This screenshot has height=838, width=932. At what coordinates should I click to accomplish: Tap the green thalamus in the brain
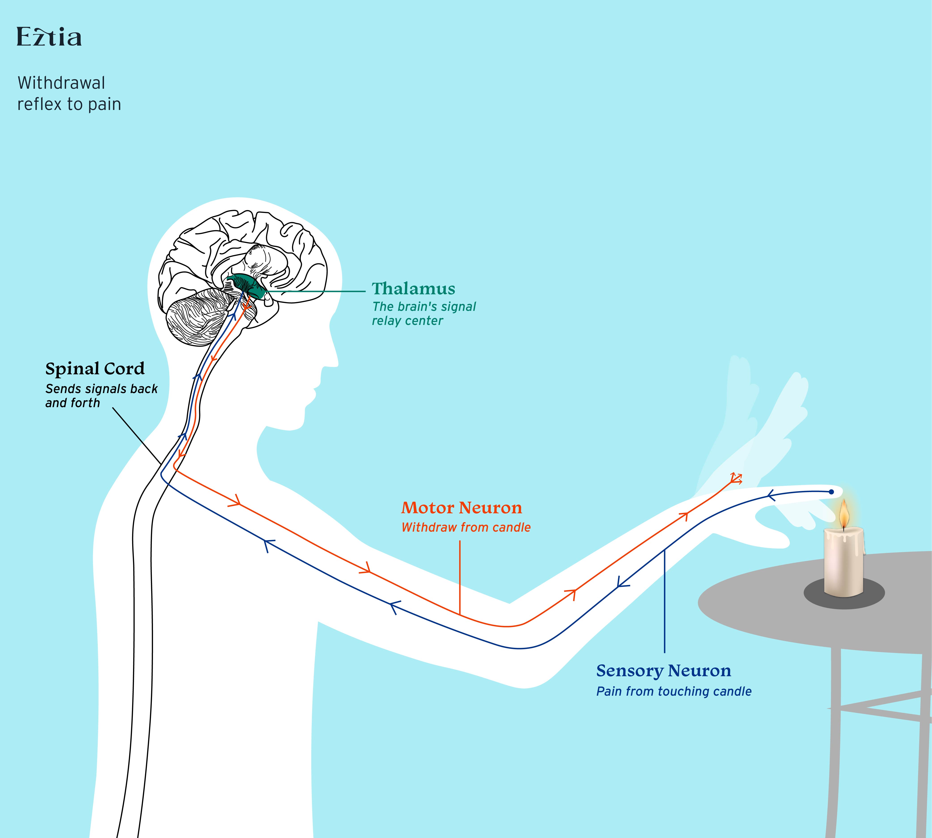pos(249,285)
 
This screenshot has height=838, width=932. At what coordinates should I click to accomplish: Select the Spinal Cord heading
pos(95,369)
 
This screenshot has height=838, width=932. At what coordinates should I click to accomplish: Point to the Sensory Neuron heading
pos(663,671)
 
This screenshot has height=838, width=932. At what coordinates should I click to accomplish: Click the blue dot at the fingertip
pos(831,492)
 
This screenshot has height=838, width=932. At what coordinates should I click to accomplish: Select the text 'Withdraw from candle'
pos(466,528)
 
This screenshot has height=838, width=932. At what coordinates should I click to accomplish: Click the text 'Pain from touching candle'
pos(674,692)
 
